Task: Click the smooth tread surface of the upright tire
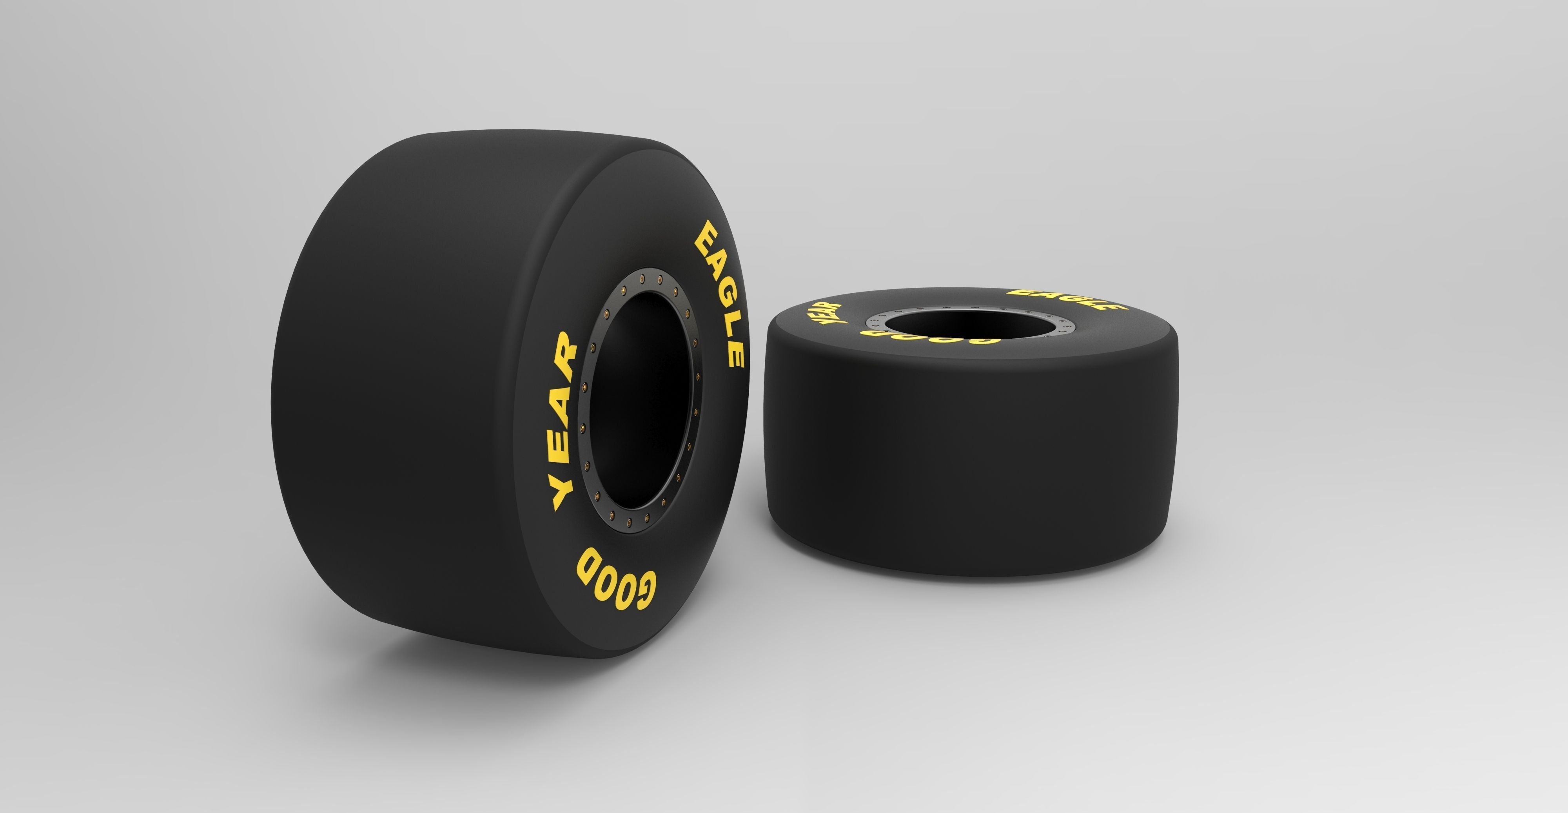pyautogui.click(x=414, y=396)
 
